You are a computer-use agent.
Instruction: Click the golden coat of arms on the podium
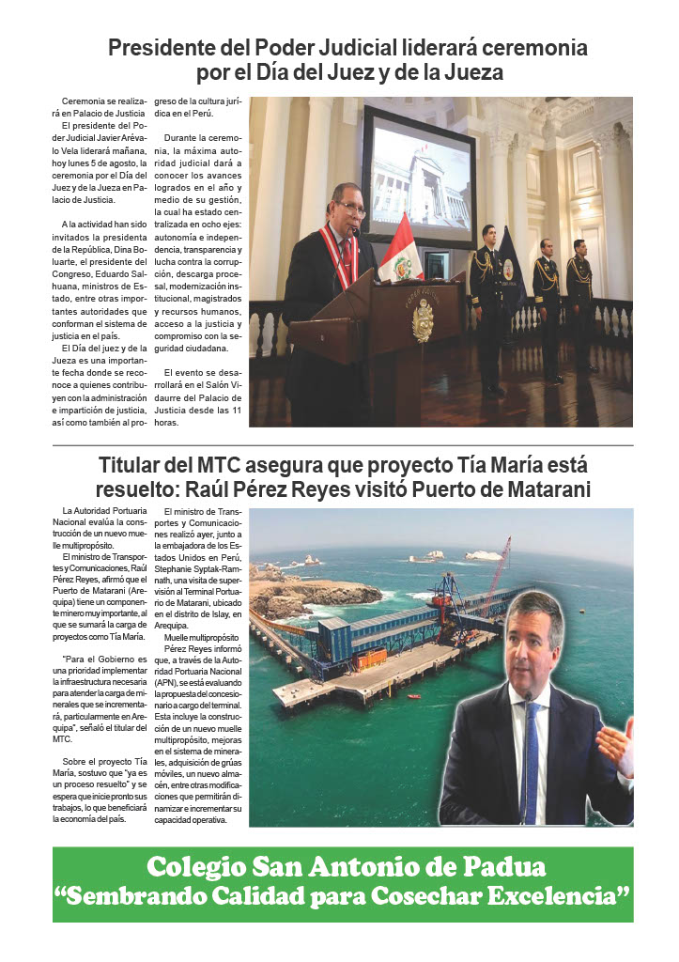click(423, 319)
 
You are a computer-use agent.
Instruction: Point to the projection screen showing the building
click(419, 178)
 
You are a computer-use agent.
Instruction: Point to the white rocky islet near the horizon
click(481, 555)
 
